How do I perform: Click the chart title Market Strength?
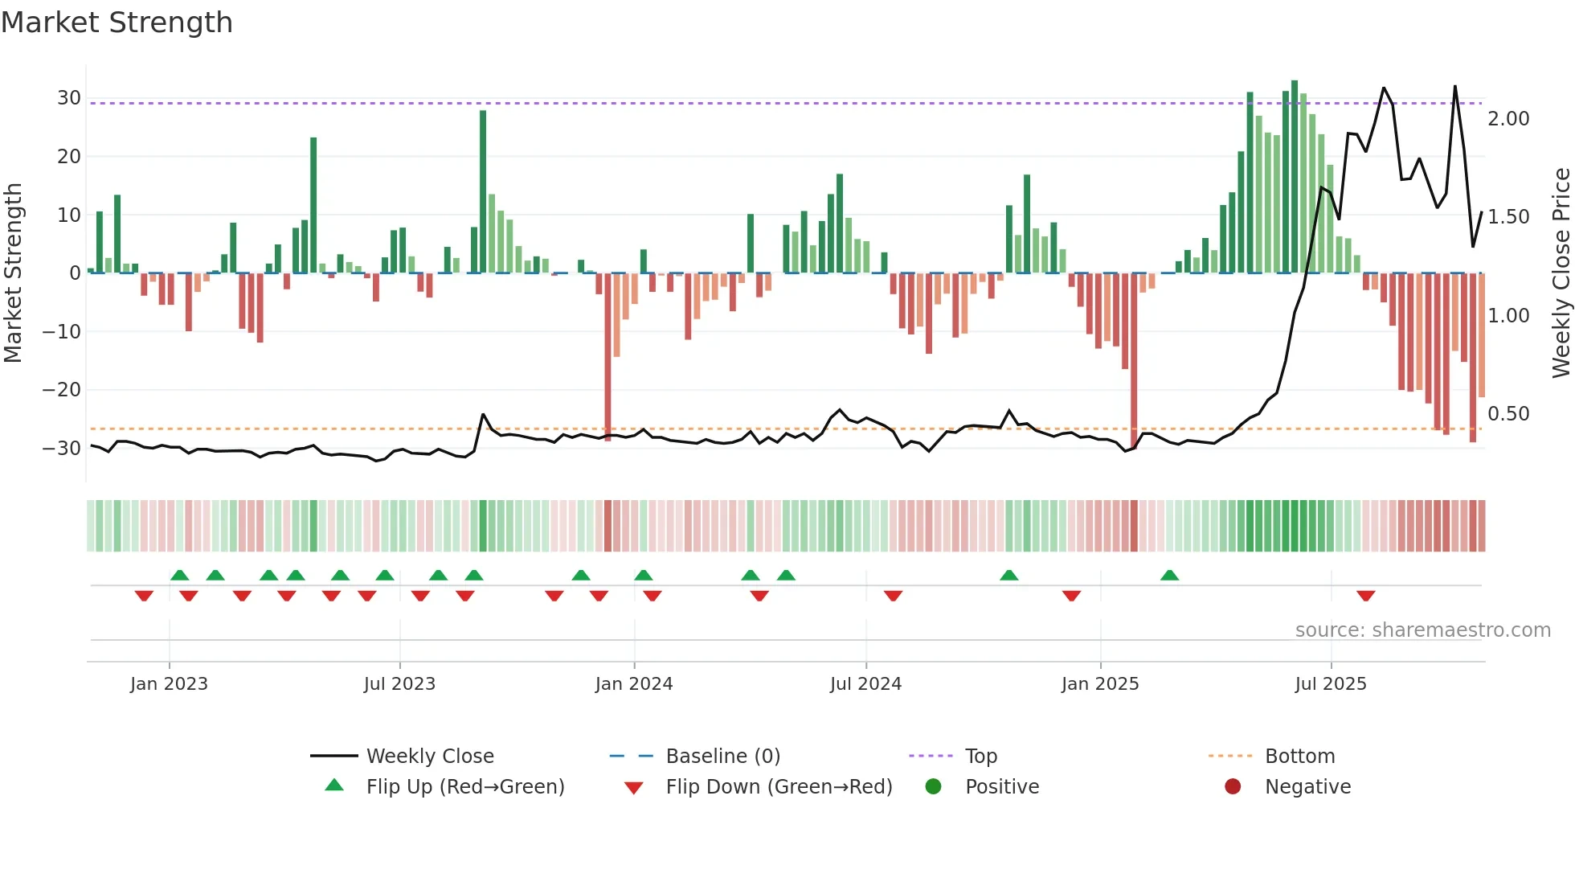point(117,23)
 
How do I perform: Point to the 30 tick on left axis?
point(69,98)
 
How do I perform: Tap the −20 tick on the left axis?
point(62,390)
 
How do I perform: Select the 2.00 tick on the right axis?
point(1508,119)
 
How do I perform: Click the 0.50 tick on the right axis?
point(1508,414)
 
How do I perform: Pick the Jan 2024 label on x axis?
point(633,684)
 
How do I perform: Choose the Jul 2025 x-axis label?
point(1330,684)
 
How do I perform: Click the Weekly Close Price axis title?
point(1561,273)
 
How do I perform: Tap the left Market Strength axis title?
point(13,273)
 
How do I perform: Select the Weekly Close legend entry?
point(429,757)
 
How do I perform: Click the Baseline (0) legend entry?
point(722,757)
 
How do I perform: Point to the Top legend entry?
point(980,757)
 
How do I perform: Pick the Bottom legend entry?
point(1299,757)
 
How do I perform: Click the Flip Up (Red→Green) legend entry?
point(464,787)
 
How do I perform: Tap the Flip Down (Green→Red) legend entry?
point(779,787)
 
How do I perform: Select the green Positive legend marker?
point(933,786)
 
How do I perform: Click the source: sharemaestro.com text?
point(1422,630)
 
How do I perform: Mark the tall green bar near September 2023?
point(483,193)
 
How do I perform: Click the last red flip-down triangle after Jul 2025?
point(1365,596)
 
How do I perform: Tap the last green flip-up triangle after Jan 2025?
point(1169,575)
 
